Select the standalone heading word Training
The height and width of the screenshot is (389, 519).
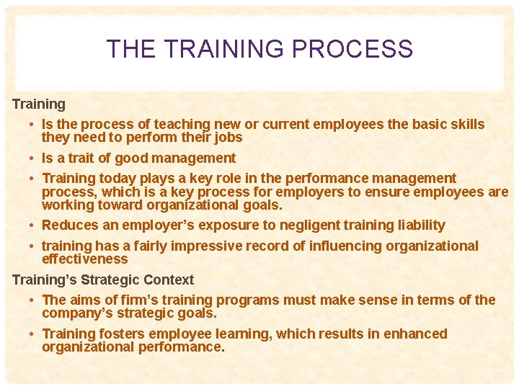click(39, 104)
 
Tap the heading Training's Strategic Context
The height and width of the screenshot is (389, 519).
click(103, 280)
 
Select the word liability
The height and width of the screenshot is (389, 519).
click(419, 225)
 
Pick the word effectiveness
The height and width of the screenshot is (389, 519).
click(84, 259)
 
